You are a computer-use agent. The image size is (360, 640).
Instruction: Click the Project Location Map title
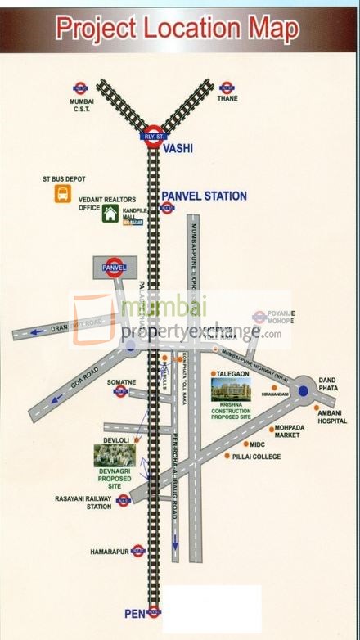coord(179,29)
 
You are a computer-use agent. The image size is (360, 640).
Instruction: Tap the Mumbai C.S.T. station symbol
coord(80,88)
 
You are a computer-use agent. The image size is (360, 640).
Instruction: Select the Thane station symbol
coord(227,88)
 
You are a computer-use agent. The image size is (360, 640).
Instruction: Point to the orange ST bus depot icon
coord(62,194)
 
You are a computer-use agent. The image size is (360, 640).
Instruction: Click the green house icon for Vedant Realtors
coord(110,214)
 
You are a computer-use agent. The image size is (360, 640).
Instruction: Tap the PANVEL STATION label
coord(204,196)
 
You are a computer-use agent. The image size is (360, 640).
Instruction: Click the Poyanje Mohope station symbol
coord(259,317)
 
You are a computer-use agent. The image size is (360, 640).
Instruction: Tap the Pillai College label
coord(257,456)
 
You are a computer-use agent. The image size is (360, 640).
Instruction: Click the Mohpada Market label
coord(298,430)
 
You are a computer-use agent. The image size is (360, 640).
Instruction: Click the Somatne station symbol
coord(121,392)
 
